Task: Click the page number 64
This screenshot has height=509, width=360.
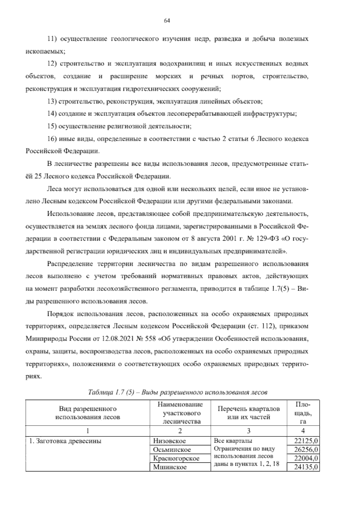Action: [167, 20]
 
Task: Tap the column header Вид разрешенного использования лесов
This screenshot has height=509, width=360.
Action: [88, 413]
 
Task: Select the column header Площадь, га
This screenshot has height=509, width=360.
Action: [303, 413]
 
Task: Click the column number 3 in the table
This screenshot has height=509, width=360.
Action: [248, 431]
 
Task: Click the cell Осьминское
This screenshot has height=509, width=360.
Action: [172, 450]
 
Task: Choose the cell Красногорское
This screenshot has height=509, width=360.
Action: [176, 458]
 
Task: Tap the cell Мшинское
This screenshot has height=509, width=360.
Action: [169, 467]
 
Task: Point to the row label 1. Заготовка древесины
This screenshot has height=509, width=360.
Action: [65, 441]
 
